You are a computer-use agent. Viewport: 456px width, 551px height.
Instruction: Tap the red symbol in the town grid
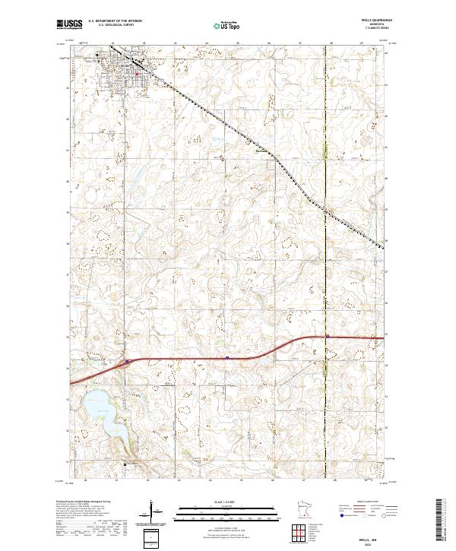(x=137, y=74)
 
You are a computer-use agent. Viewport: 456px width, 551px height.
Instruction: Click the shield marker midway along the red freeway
(x=228, y=354)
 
